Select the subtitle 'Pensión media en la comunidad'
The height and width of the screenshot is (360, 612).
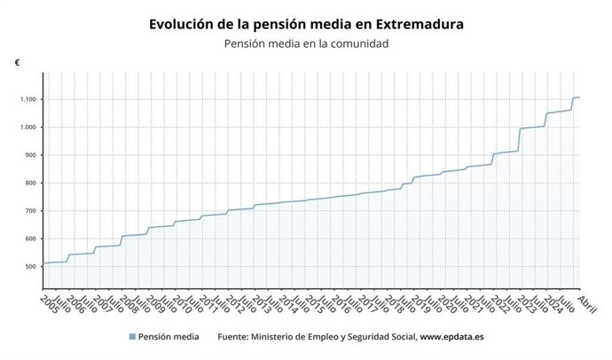click(x=306, y=43)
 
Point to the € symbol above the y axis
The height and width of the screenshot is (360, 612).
click(x=17, y=63)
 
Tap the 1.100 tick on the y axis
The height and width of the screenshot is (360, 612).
click(x=27, y=99)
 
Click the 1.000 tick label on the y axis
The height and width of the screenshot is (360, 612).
click(x=27, y=127)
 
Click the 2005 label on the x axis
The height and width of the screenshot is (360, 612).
click(x=49, y=304)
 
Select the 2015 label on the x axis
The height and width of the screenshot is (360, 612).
click(x=314, y=304)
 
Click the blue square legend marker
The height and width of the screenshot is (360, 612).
click(x=132, y=337)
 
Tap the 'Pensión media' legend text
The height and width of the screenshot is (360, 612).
click(x=169, y=337)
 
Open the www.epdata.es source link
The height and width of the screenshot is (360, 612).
click(x=451, y=337)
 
